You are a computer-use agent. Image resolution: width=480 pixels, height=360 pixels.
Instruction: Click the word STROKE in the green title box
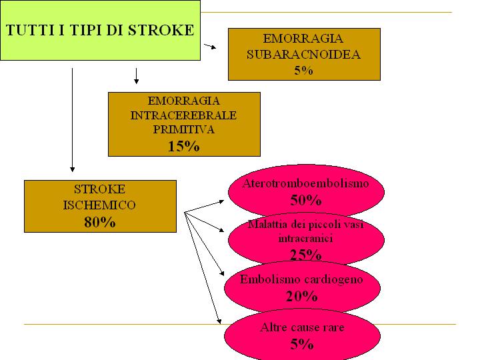[x=161, y=30]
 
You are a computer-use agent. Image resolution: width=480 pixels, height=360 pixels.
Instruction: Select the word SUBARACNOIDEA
[x=304, y=55]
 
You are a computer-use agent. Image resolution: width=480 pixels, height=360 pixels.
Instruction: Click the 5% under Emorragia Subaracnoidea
[x=304, y=71]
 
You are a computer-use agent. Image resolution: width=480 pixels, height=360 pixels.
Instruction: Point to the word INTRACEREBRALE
[x=184, y=115]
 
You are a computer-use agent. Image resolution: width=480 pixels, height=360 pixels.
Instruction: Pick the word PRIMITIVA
[x=184, y=129]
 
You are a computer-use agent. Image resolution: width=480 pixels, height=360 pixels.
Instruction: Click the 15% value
[x=184, y=146]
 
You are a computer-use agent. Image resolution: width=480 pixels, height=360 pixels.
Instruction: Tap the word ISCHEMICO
[x=99, y=205]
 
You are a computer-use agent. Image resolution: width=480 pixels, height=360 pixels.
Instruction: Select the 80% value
[x=100, y=222]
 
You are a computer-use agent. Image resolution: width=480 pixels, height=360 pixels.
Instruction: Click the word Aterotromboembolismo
[x=305, y=183]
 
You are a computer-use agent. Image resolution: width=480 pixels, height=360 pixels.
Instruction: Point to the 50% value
[x=306, y=200]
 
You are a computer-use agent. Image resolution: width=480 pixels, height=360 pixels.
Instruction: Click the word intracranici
[x=305, y=238]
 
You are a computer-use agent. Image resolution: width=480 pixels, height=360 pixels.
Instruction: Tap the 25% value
[x=305, y=255]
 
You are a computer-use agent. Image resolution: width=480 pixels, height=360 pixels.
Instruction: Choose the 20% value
[x=301, y=296]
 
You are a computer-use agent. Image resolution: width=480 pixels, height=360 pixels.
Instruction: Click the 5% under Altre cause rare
[x=302, y=344]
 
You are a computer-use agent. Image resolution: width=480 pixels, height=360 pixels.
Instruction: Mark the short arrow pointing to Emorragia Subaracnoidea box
[x=210, y=46]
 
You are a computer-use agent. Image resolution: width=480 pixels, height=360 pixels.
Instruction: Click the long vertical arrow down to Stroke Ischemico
[x=72, y=120]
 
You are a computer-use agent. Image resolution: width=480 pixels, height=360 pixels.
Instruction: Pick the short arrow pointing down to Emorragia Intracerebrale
[x=136, y=76]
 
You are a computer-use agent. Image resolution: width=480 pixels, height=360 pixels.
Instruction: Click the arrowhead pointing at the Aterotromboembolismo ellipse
[x=221, y=201]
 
